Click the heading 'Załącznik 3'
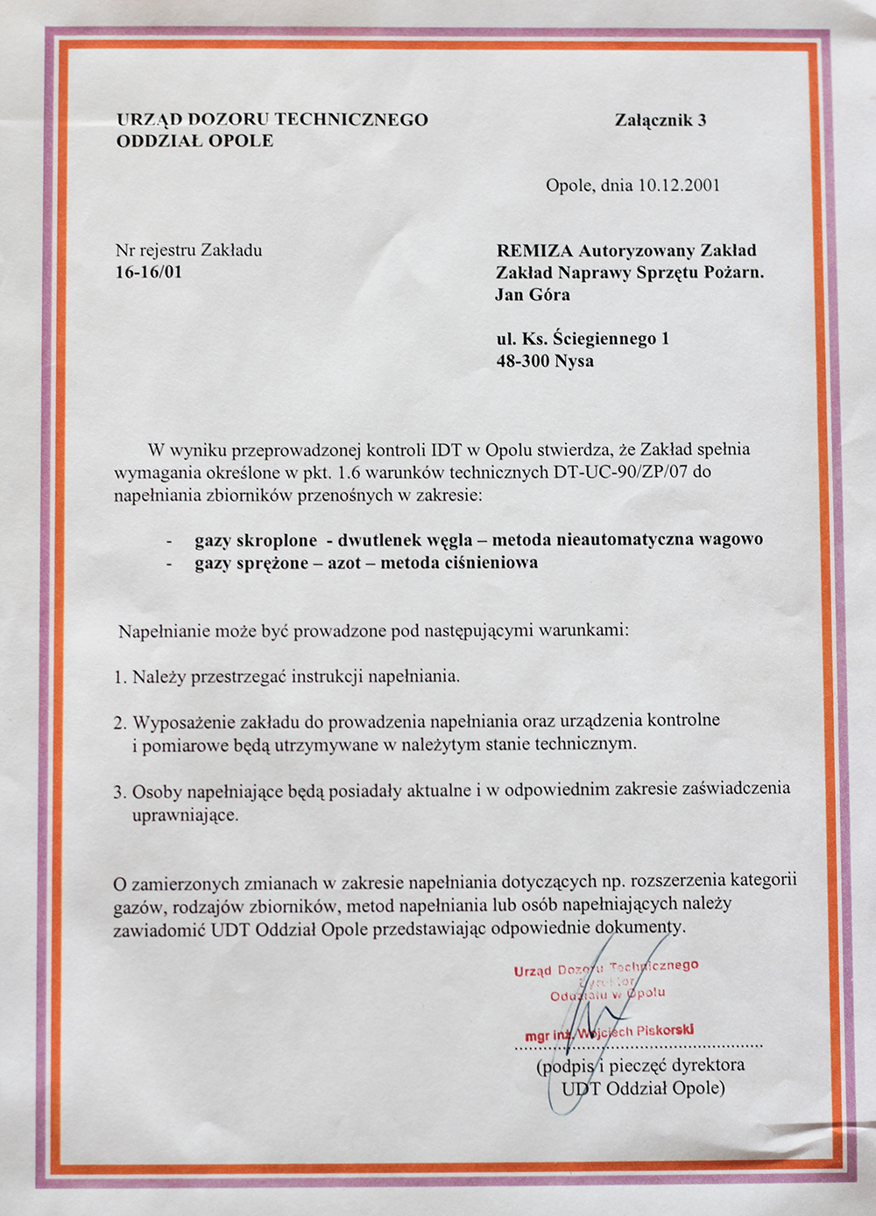(660, 121)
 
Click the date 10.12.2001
(679, 186)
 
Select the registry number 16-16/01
(149, 272)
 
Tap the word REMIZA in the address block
(534, 251)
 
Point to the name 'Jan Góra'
(533, 295)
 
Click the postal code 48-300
(523, 361)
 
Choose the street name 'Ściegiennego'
(604, 339)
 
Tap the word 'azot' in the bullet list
(344, 563)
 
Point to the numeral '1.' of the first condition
(120, 677)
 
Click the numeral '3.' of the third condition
(120, 792)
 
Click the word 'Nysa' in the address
(575, 361)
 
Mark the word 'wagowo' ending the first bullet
(731, 539)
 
